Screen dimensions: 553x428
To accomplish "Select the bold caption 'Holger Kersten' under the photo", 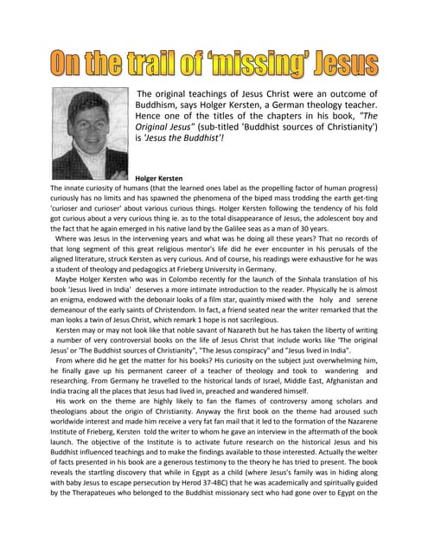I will tap(154, 178).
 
